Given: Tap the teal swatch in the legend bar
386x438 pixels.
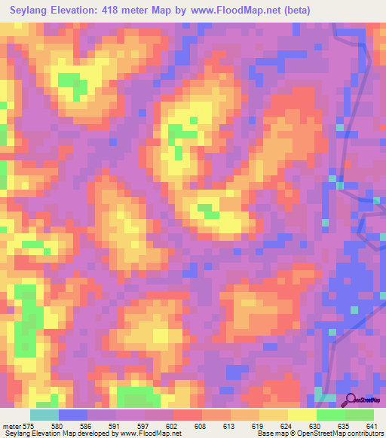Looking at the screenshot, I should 44,415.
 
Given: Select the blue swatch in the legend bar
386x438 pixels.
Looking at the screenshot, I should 73,415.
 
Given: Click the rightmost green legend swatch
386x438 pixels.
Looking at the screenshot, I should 360,415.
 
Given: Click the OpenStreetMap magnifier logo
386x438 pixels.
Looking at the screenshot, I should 350,400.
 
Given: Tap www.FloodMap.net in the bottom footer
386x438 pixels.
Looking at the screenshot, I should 151,433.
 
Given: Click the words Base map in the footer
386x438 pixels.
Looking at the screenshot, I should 268,433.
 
